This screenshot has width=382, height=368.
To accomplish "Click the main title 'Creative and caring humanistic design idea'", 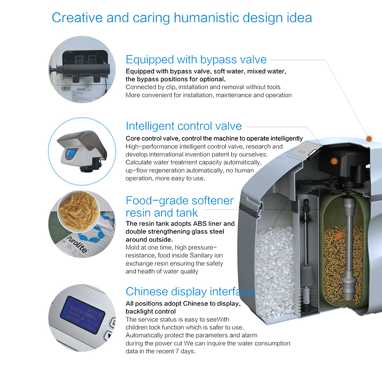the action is tap(182, 18).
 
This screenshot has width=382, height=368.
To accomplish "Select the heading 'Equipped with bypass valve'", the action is tap(196, 59).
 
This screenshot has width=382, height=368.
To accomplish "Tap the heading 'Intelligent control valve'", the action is tap(184, 126).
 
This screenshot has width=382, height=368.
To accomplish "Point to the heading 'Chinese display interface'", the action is tap(190, 291).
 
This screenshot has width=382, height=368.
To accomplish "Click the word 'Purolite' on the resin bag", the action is tap(76, 244).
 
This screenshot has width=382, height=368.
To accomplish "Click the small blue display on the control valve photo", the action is tap(71, 153).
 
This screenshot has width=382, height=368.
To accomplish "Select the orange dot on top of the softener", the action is tap(369, 138).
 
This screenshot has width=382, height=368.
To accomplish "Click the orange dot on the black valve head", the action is tap(334, 161).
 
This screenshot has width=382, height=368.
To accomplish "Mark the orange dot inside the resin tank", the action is tap(338, 236).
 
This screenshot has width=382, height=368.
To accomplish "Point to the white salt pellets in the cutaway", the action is tap(274, 271).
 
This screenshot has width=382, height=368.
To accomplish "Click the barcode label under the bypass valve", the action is tap(66, 88).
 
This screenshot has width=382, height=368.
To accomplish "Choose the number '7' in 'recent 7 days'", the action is tap(177, 351).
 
